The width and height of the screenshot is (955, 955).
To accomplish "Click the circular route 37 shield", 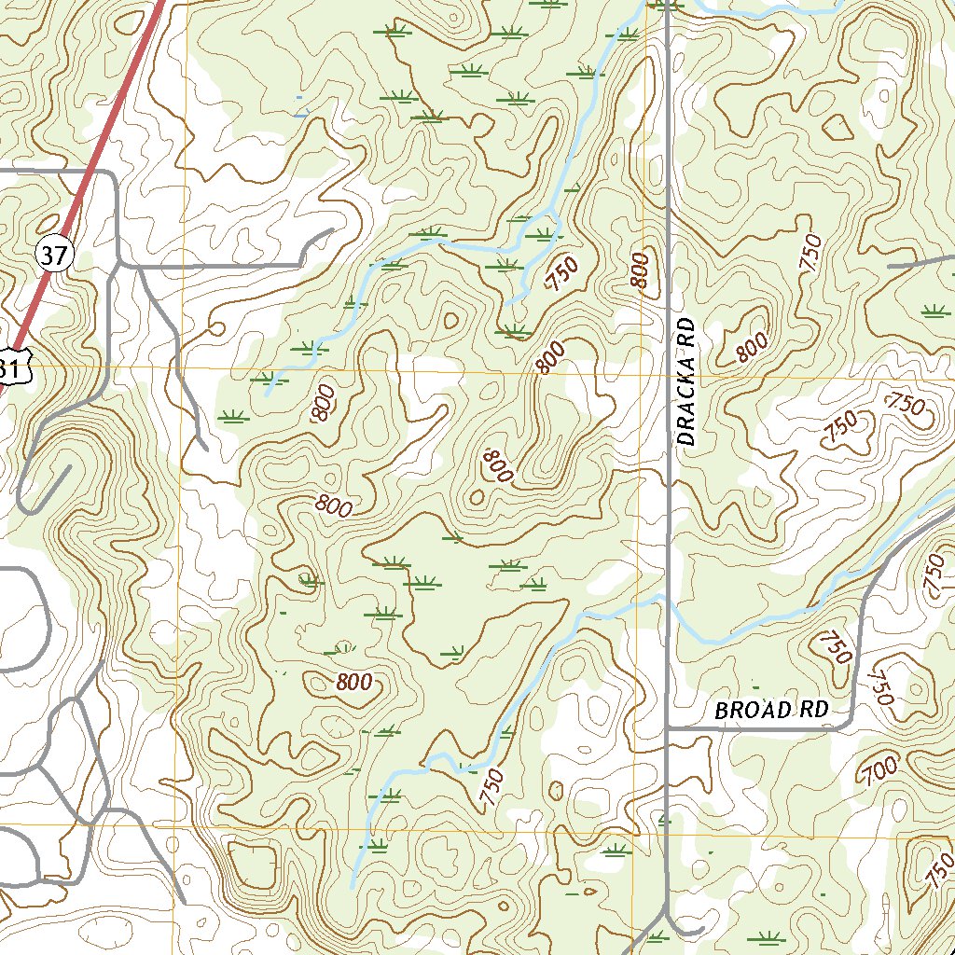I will pyautogui.click(x=54, y=253).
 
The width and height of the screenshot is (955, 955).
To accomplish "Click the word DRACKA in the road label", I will pyautogui.click(x=686, y=406).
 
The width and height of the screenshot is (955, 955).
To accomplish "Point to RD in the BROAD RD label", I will pyautogui.click(x=814, y=710).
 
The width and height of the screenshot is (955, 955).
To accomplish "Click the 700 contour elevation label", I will pyautogui.click(x=879, y=769).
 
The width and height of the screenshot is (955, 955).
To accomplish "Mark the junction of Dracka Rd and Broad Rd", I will pyautogui.click(x=669, y=727).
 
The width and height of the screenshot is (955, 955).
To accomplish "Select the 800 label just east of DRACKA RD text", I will pyautogui.click(x=751, y=347).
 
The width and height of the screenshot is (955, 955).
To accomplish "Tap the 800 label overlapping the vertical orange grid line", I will pyautogui.click(x=639, y=270).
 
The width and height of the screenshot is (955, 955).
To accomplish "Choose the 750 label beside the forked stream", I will pyautogui.click(x=563, y=274).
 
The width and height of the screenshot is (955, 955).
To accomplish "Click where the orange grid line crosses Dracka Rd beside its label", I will pyautogui.click(x=670, y=373).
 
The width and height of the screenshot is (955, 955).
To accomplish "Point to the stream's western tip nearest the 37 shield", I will pyautogui.click(x=267, y=394).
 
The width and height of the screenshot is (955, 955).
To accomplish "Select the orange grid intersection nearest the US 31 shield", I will pyautogui.click(x=184, y=367).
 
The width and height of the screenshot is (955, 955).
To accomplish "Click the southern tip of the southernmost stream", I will pyautogui.click(x=353, y=886).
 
